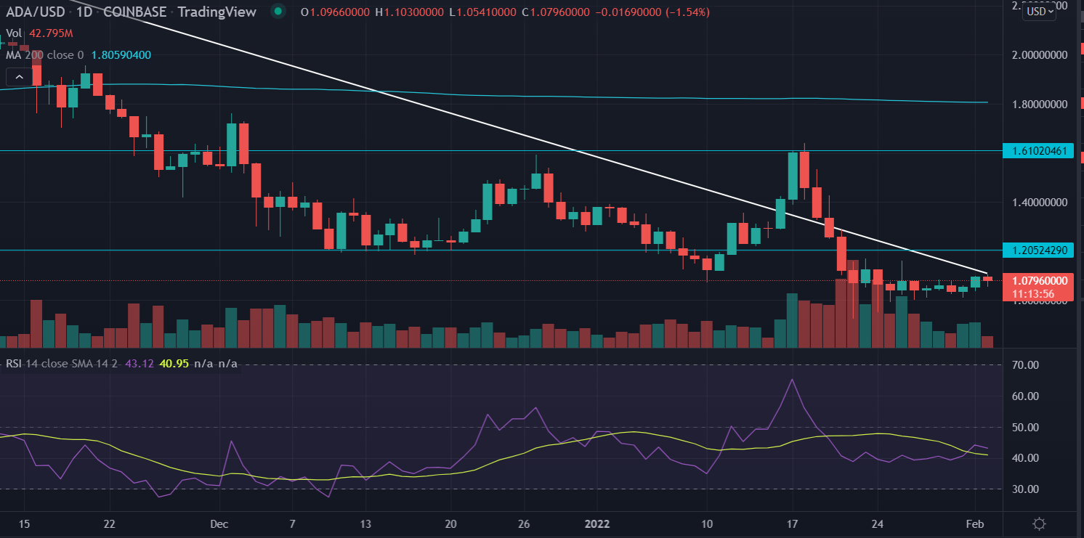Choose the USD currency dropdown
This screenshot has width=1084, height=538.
point(1039,11)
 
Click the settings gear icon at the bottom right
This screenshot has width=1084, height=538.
point(1040,523)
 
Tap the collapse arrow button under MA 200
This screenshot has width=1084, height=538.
point(20,76)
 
